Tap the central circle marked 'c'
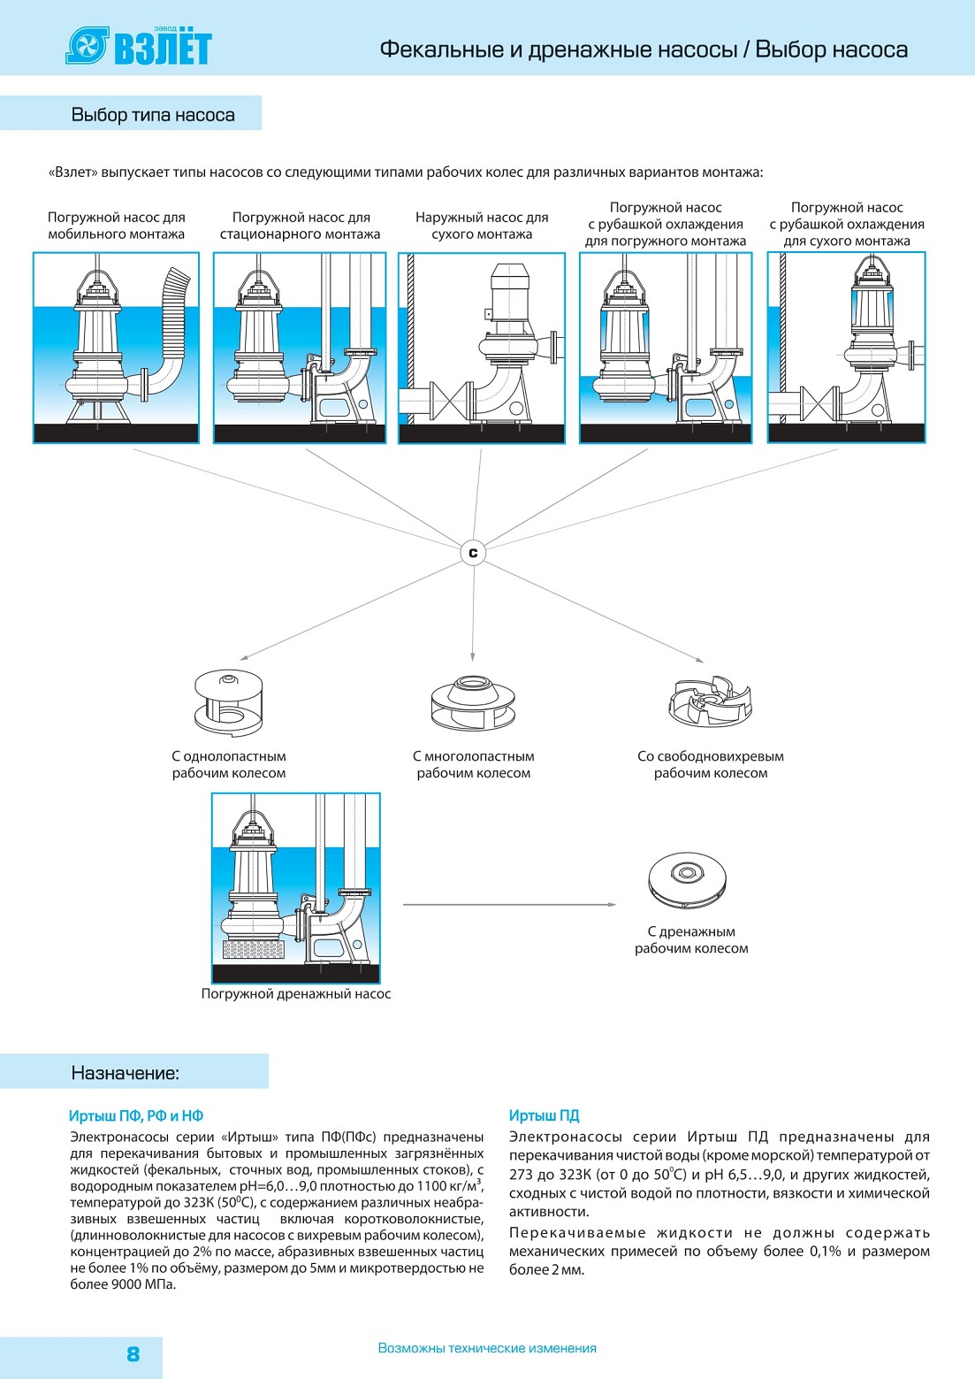pos(473,553)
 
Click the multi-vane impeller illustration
pos(472,703)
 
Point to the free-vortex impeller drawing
pos(710,701)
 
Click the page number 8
pos(133,1353)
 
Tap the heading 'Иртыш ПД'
pos(544,1115)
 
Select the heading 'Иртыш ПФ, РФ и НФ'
pos(136,1115)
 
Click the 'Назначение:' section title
pos(125,1073)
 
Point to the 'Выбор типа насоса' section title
pos(153,115)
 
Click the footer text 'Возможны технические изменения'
pos(487,1348)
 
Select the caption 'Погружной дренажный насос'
pos(296,993)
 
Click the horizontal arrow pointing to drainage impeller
pos(509,905)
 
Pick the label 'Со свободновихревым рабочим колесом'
pos(711,764)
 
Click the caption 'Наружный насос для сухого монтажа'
pos(482,226)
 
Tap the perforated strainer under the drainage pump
pos(253,949)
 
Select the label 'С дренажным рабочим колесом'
pos(691,940)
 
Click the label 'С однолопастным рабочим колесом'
pos(229,764)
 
